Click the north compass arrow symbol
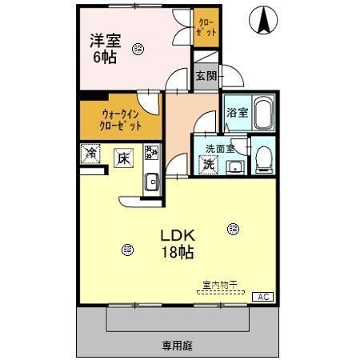point(262,21)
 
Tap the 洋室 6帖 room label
point(106,48)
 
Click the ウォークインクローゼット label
point(121,120)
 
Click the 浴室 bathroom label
point(236,114)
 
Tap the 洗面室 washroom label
point(219,148)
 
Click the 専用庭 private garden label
point(177,346)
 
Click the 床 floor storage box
point(122,158)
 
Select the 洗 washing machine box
point(208,165)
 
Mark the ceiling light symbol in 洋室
point(140,48)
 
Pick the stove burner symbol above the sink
point(151,152)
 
